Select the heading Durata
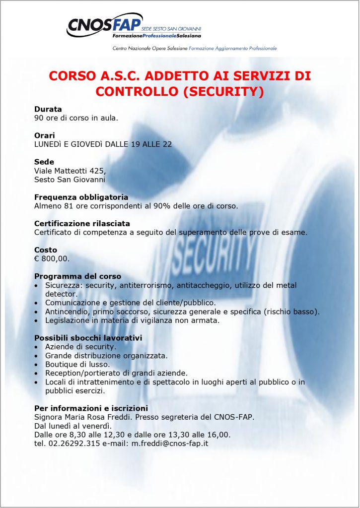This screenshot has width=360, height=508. (48, 109)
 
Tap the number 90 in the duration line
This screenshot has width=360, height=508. (39, 118)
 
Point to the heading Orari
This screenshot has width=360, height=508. (45, 135)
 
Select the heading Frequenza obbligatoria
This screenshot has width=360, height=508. (81, 197)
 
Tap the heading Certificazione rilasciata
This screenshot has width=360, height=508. (82, 223)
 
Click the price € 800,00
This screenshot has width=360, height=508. (52, 258)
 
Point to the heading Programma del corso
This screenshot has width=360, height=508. (77, 276)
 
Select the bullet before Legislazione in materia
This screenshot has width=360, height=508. (37, 320)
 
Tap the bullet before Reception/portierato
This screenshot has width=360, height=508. (37, 373)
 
